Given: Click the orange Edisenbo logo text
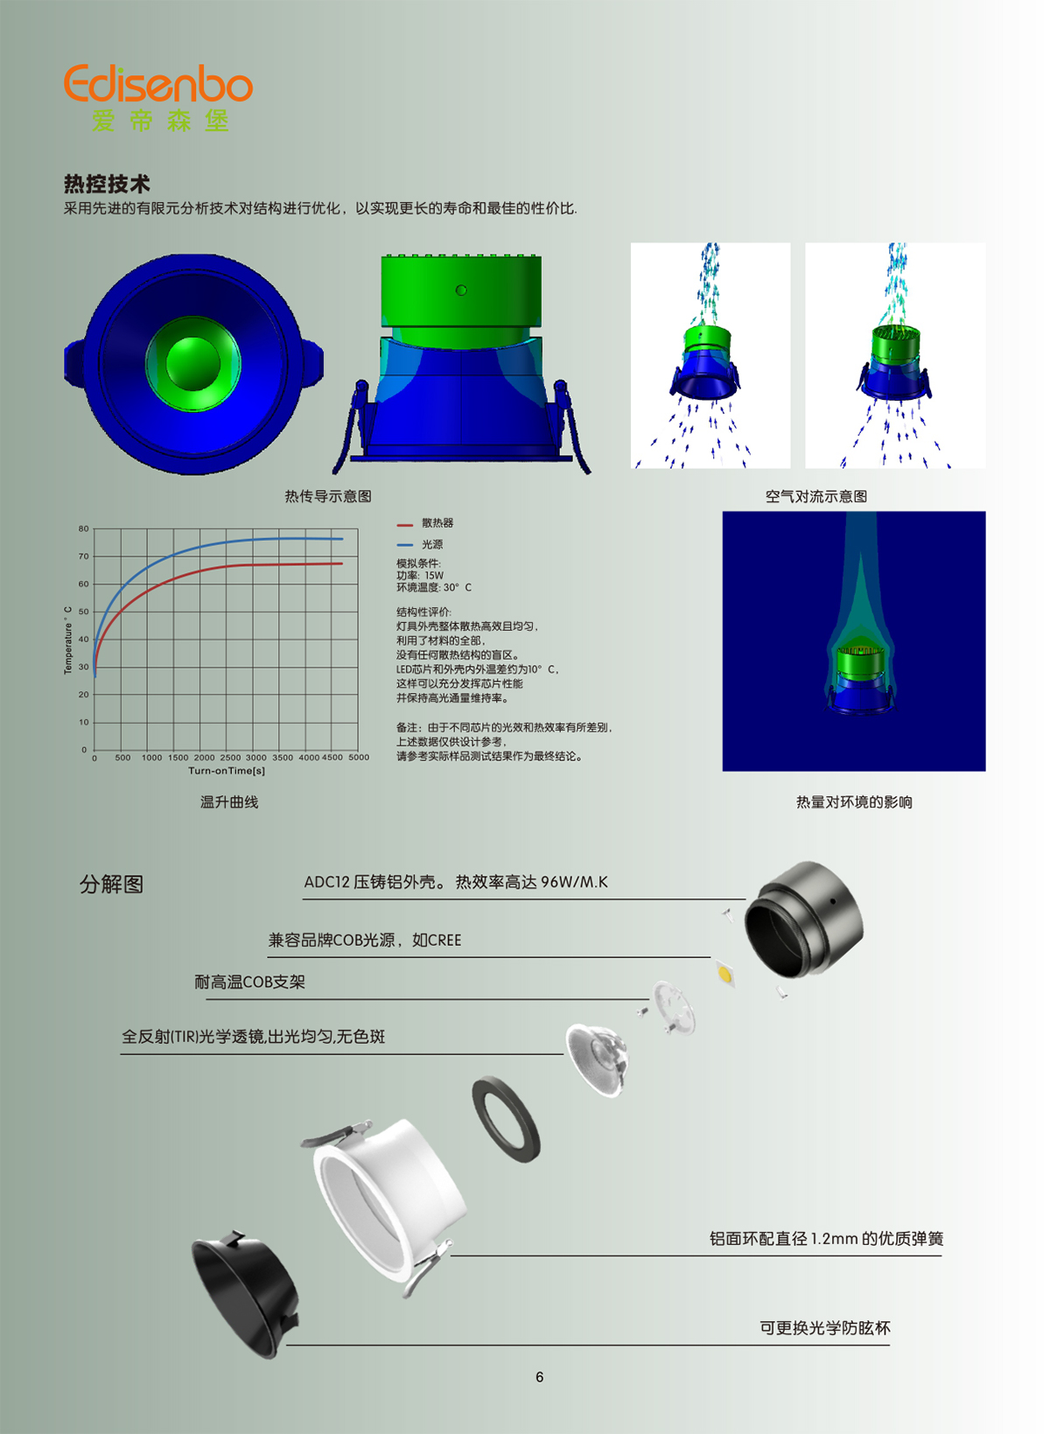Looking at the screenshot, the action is tap(158, 83).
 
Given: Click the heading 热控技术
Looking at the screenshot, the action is tap(107, 184).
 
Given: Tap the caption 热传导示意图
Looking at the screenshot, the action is tap(328, 496).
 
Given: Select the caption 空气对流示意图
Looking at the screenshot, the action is tap(816, 496).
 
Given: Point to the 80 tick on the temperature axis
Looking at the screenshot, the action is tap(84, 528).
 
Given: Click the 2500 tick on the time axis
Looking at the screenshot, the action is tap(230, 758).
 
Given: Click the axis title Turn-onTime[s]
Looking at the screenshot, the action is tap(227, 771).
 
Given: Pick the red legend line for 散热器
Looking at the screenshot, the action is tap(404, 525).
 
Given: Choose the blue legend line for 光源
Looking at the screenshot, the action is tap(404, 545).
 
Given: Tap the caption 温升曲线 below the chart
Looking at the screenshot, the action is tap(229, 802).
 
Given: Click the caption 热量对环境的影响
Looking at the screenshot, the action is tap(854, 802).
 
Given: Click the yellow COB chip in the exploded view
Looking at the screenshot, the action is tap(724, 974).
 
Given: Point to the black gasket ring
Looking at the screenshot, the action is tap(507, 1120).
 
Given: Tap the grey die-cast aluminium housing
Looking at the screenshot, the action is tap(804, 920).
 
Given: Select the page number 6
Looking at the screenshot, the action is tap(539, 1377).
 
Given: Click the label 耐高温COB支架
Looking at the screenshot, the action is tap(249, 982).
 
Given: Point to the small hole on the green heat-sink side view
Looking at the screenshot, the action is tap(461, 290).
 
